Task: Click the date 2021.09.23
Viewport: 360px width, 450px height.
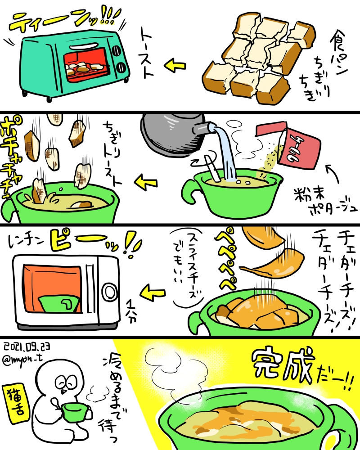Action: point(27,346)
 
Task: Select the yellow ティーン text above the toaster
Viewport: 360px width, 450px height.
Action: point(58,20)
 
